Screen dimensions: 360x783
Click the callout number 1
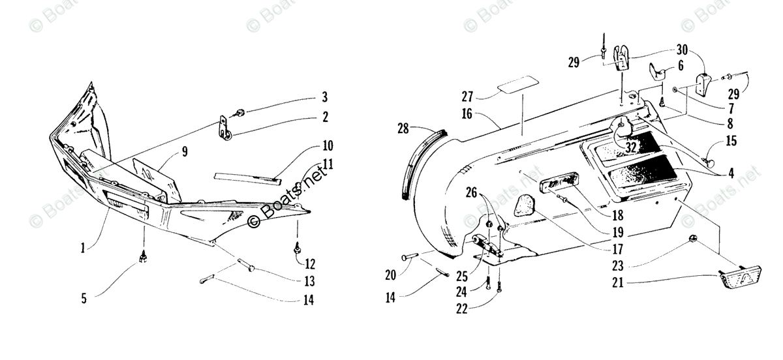click(x=83, y=248)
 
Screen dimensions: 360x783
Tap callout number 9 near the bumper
click(x=185, y=153)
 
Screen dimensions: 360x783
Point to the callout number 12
click(x=310, y=264)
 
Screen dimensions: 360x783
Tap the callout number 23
click(x=617, y=264)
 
